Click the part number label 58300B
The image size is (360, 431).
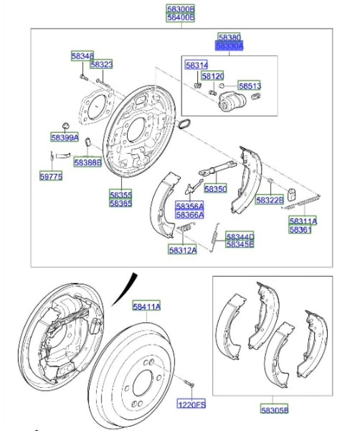[180, 9]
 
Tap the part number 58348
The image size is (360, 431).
[82, 56]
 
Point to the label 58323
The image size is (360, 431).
[101, 65]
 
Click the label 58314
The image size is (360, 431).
[196, 66]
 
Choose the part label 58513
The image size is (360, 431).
[250, 86]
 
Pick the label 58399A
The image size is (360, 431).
[65, 137]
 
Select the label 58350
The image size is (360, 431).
[215, 189]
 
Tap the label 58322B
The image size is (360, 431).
[270, 200]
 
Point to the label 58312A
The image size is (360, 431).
[183, 250]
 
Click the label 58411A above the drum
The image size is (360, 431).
[146, 306]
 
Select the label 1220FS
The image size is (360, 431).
[192, 404]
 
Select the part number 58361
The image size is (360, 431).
[300, 230]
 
